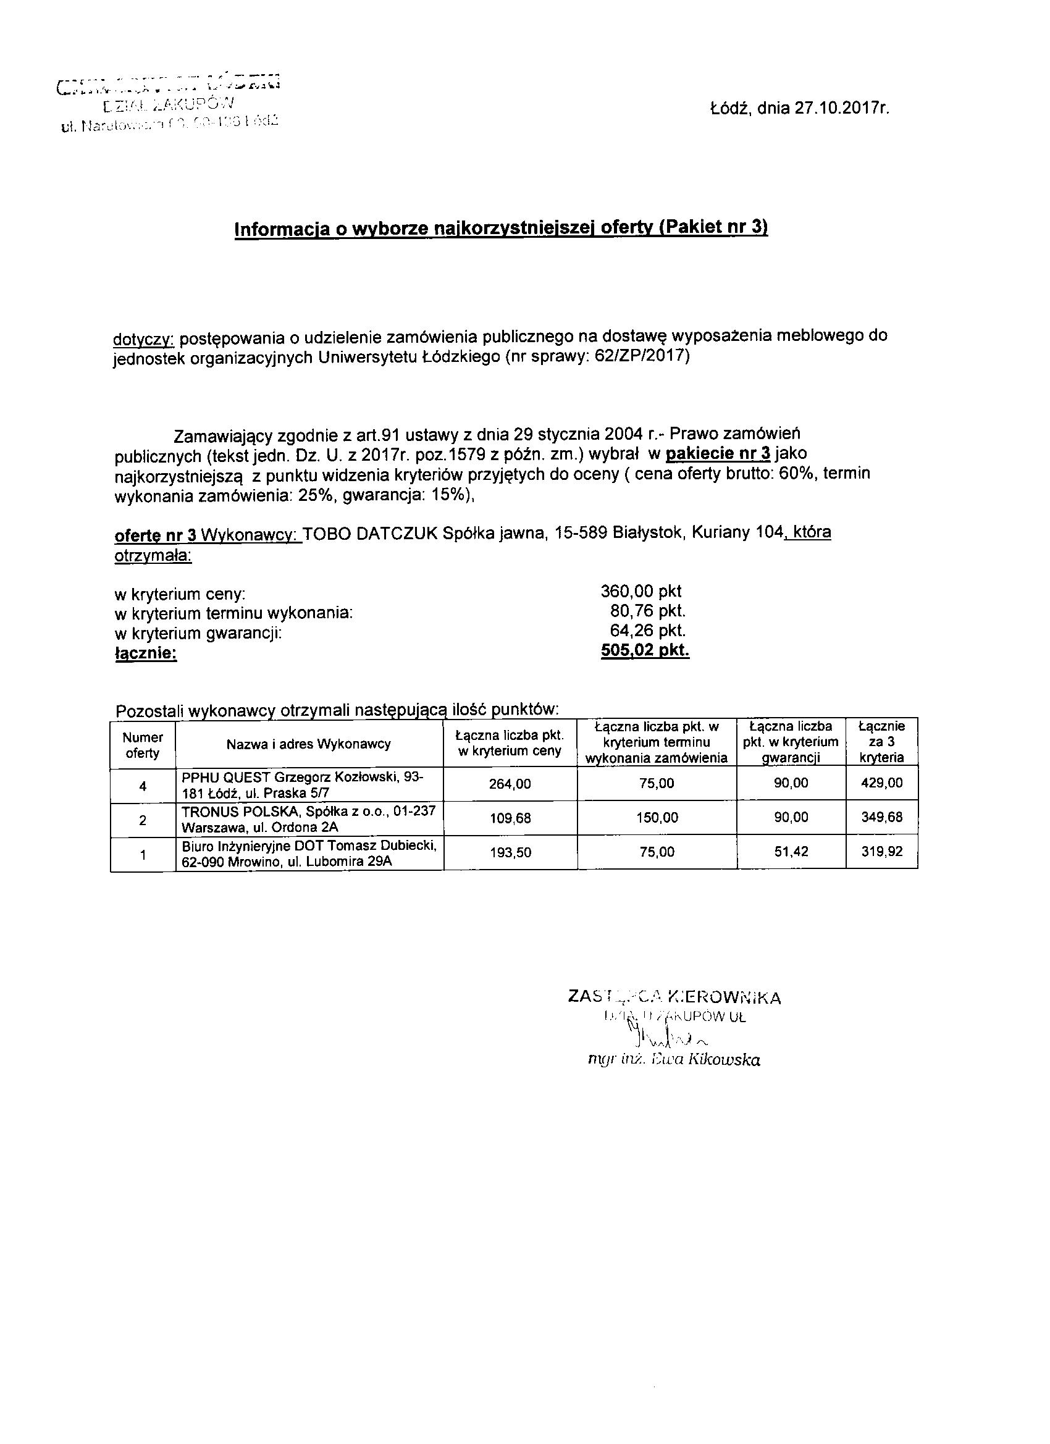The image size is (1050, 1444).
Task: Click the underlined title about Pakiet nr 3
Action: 501,228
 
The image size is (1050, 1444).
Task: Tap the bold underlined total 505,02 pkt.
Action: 645,650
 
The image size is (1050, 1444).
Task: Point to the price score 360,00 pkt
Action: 641,591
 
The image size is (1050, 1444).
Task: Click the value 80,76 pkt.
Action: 647,611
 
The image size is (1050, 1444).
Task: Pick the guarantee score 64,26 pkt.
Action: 647,631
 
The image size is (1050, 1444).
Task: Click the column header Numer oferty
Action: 143,744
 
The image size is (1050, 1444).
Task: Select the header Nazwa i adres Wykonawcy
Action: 309,744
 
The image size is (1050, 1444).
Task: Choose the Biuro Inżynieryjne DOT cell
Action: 309,853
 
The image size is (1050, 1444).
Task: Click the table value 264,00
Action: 510,784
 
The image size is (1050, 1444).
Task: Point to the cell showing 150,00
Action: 657,818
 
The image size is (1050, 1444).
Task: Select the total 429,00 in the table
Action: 882,783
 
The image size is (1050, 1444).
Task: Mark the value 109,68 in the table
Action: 510,818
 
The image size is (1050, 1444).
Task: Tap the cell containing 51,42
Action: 791,852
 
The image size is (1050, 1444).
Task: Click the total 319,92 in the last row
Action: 882,851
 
